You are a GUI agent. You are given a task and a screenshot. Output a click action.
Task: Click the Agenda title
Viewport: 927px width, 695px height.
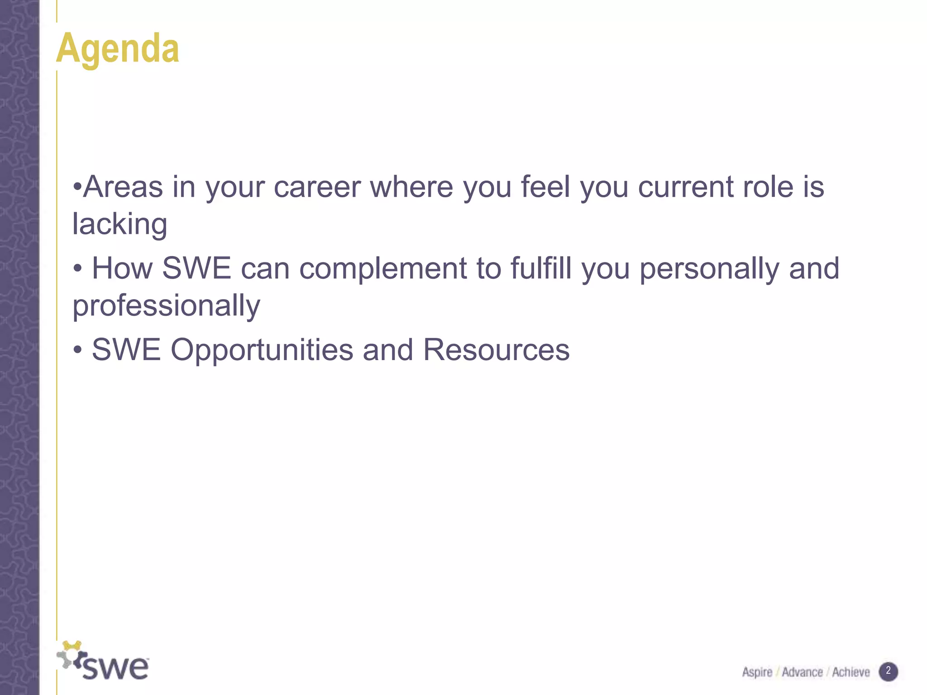coord(118,49)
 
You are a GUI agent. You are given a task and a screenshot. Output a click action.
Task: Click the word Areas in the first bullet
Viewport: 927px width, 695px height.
coord(123,187)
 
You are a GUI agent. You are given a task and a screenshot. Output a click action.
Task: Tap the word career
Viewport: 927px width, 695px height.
coord(317,187)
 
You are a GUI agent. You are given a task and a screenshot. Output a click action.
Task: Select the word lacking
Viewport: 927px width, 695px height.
coord(120,224)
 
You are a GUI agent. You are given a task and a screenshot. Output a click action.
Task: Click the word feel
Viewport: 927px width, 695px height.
coord(545,187)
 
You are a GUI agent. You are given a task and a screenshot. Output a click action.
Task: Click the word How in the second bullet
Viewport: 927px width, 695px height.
coord(122,268)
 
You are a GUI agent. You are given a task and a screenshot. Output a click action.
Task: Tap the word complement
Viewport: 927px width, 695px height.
coord(383,268)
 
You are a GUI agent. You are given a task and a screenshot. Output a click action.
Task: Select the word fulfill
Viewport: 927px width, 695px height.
coord(541,268)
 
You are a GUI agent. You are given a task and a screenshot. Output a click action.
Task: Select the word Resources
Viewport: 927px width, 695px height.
coord(496,350)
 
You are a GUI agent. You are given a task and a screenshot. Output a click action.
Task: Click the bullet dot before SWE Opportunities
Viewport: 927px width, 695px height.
coord(78,350)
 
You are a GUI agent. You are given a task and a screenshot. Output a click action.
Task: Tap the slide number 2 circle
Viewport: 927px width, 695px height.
coord(888,671)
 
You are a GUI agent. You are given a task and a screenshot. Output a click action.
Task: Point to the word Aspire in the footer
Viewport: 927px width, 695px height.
coord(757,672)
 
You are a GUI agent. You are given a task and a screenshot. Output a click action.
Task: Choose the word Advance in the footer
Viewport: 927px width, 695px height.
coord(802,672)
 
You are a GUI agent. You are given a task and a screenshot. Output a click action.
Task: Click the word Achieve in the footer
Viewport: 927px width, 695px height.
coord(851,672)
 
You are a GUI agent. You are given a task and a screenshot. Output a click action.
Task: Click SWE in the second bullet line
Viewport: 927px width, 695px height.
coord(196,268)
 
